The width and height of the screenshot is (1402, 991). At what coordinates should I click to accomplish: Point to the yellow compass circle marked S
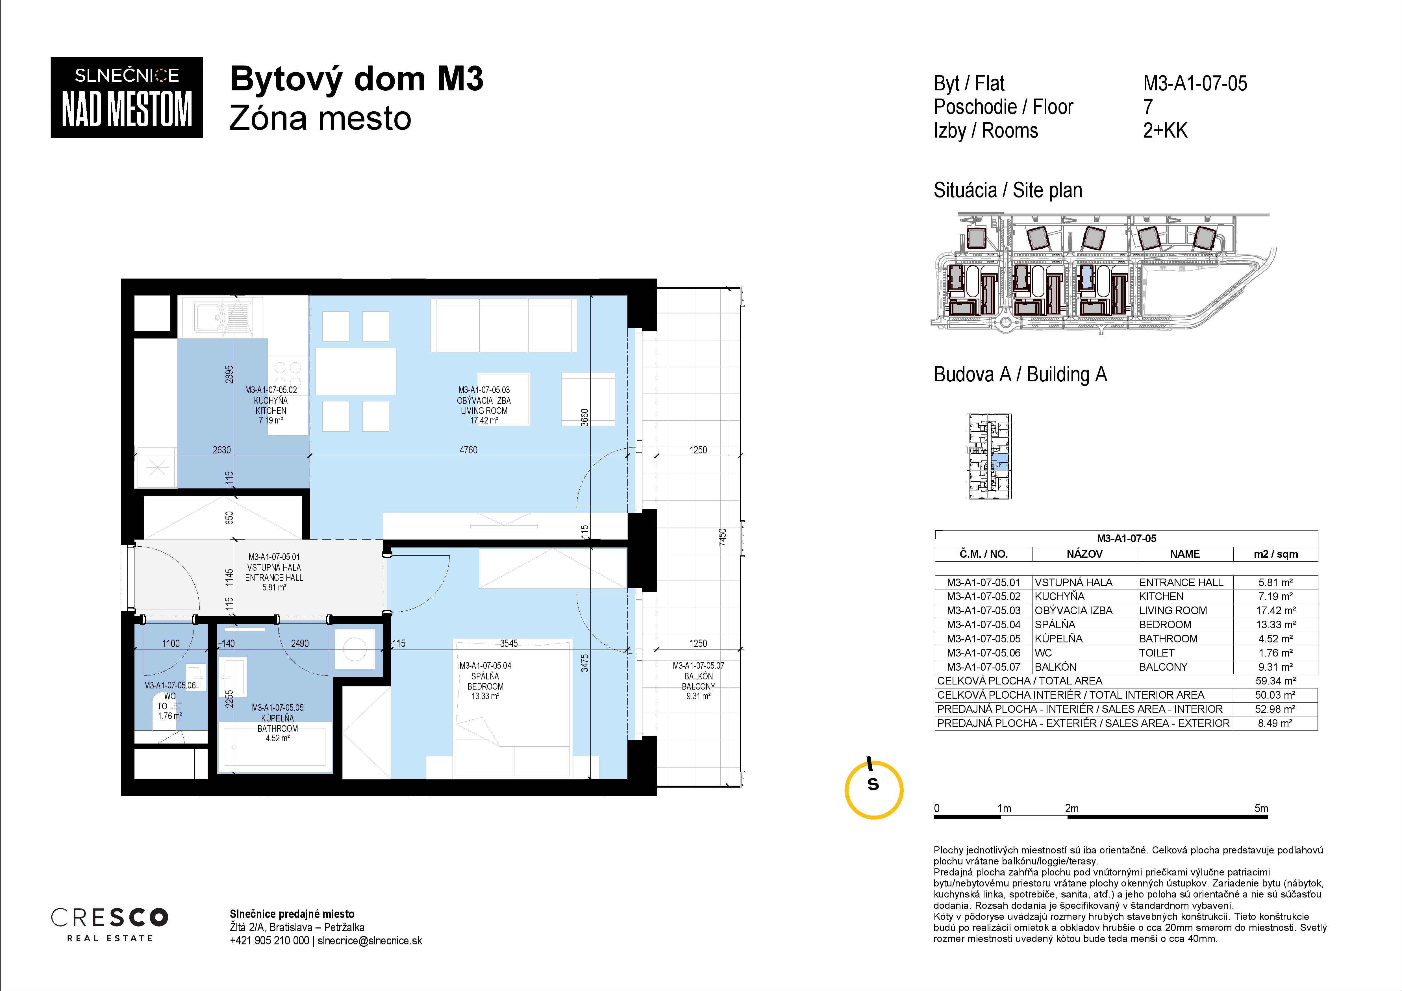point(874,790)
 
